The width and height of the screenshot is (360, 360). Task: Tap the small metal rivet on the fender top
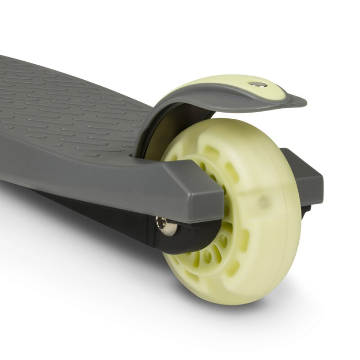click(258, 84)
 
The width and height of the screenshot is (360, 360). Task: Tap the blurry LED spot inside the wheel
click(264, 202)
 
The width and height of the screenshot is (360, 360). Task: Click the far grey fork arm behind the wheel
click(306, 175)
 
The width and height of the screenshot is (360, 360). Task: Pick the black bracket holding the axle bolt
click(185, 231)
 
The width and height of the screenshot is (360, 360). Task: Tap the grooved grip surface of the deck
click(67, 103)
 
